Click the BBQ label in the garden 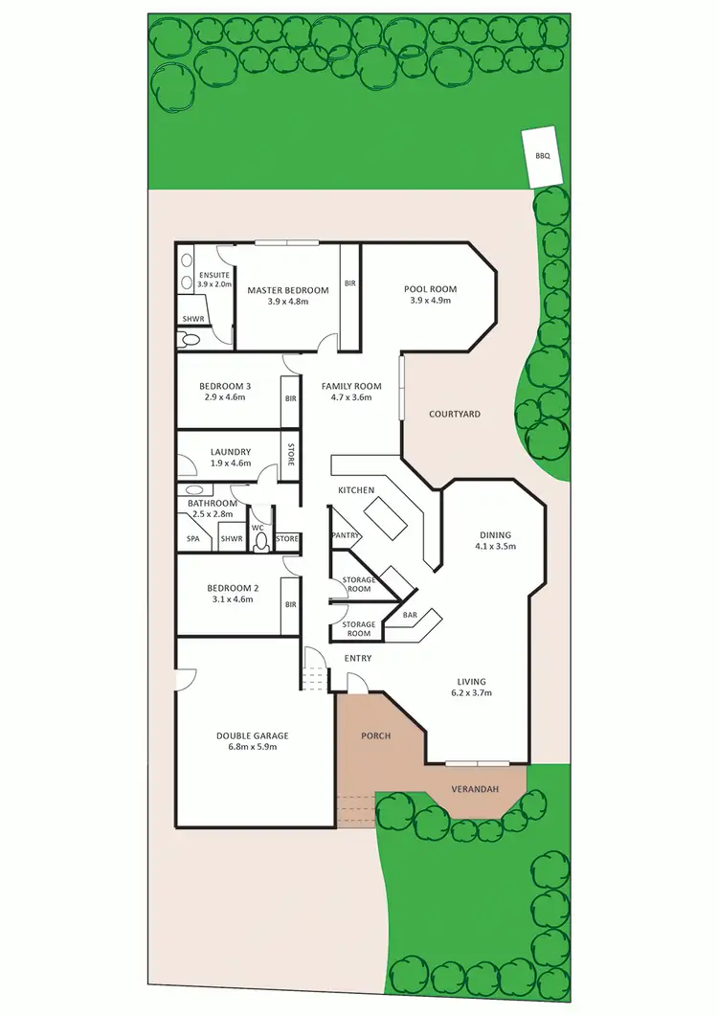coord(543,155)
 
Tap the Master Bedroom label coord(288,290)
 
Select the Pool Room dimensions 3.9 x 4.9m coord(430,301)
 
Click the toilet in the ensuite coord(190,339)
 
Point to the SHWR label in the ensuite coord(194,320)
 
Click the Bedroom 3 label coord(225,386)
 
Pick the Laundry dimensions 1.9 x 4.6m coord(230,463)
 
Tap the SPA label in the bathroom coord(192,540)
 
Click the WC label coord(257,528)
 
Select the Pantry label coord(344,534)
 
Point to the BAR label coord(410,614)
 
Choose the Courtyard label coord(455,415)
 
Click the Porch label coord(375,736)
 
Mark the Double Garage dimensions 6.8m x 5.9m coord(252,747)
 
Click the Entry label coord(357,658)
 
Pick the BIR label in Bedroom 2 coord(290,604)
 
